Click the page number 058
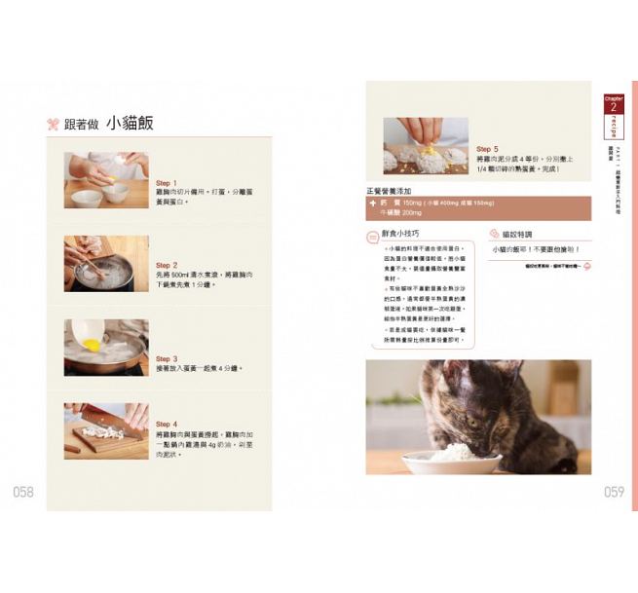[x=23, y=492]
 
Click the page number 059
[x=613, y=492]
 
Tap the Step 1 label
[x=167, y=182]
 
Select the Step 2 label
[x=167, y=265]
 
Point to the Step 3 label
[x=167, y=358]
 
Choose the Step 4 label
[x=167, y=425]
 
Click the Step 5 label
[x=487, y=149]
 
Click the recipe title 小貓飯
[x=131, y=123]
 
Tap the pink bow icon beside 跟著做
[x=54, y=124]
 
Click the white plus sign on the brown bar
[x=373, y=203]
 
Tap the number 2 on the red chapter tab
[x=614, y=106]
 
